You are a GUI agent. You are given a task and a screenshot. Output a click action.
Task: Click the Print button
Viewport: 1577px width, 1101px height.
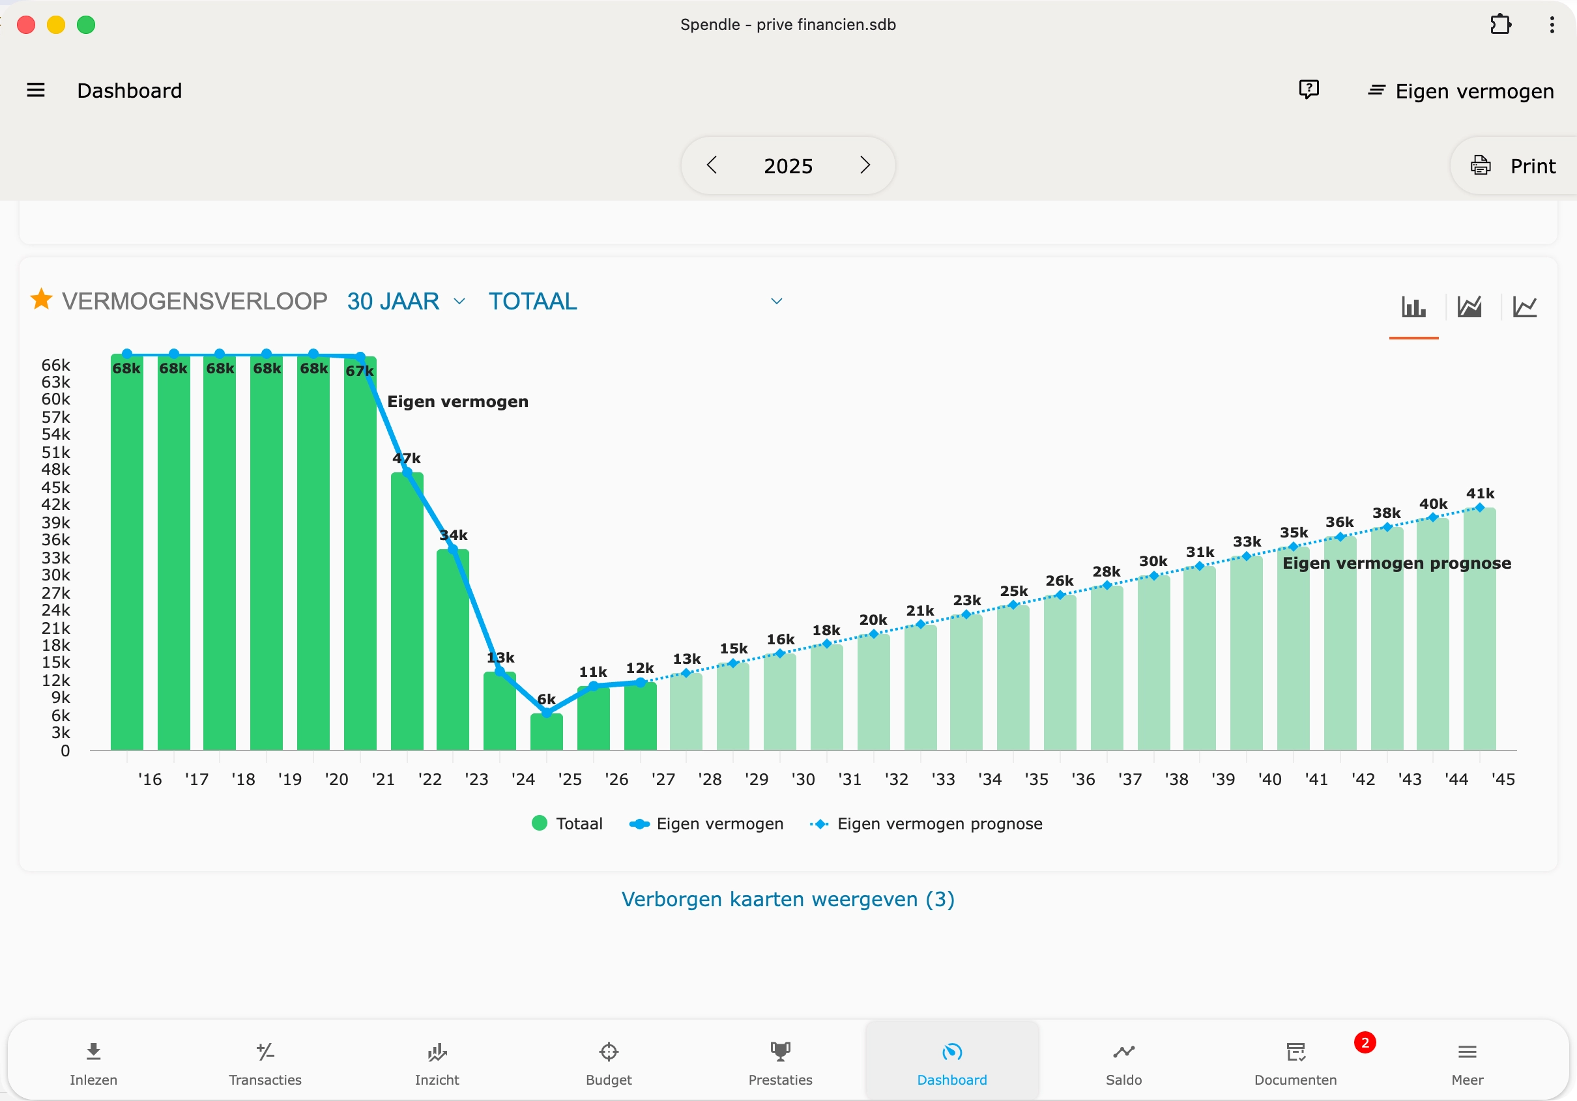pyautogui.click(x=1514, y=166)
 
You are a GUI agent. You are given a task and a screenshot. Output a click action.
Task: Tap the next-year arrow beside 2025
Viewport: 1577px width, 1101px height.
pyautogui.click(x=865, y=165)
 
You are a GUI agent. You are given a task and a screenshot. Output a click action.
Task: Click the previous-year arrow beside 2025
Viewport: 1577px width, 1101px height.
pyautogui.click(x=712, y=165)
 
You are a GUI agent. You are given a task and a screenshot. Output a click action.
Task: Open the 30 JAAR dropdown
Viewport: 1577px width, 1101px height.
pyautogui.click(x=405, y=302)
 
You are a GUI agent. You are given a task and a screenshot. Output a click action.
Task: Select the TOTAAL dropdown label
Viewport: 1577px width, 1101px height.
pyautogui.click(x=533, y=302)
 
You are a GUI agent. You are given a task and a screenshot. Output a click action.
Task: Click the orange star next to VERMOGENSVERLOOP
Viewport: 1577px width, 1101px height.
pyautogui.click(x=41, y=300)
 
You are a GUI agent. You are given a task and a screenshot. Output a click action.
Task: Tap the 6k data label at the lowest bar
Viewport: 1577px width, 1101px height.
pyautogui.click(x=546, y=699)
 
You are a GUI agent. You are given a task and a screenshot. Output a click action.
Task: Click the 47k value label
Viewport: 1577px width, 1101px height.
pyautogui.click(x=407, y=458)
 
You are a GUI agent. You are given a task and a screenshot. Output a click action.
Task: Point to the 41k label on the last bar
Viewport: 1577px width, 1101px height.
pyautogui.click(x=1479, y=493)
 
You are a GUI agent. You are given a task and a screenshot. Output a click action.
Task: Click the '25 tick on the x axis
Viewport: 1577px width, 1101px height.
pyautogui.click(x=570, y=779)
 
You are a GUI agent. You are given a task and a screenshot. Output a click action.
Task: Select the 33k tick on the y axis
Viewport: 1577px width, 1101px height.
pyautogui.click(x=55, y=558)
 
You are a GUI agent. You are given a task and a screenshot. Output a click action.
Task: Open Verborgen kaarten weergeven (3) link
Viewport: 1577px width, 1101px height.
pyautogui.click(x=788, y=899)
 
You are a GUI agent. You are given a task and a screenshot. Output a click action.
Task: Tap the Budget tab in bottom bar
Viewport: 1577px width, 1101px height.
pyautogui.click(x=609, y=1062)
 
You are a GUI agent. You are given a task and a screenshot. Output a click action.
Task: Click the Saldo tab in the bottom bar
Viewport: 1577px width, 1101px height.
pyautogui.click(x=1123, y=1062)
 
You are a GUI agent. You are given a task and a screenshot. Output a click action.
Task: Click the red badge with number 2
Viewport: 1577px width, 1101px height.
pyautogui.click(x=1364, y=1042)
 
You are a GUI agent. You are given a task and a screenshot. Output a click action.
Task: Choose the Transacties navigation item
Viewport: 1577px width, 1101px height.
pyautogui.click(x=265, y=1062)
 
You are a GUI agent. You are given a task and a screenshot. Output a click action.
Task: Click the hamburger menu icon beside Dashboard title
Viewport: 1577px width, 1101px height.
pyautogui.click(x=36, y=90)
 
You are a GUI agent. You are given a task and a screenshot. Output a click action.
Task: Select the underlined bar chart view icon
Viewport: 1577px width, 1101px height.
pyautogui.click(x=1413, y=307)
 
